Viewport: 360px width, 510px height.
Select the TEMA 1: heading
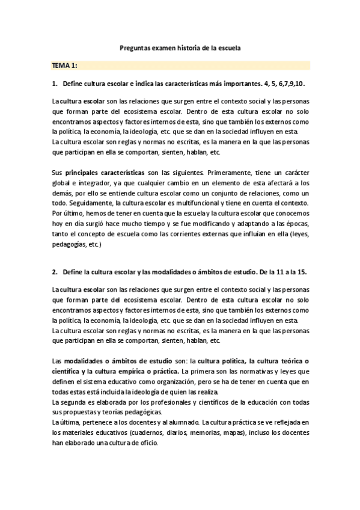click(x=64, y=65)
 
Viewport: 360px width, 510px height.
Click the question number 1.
click(x=55, y=84)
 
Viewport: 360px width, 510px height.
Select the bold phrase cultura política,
click(x=218, y=361)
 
